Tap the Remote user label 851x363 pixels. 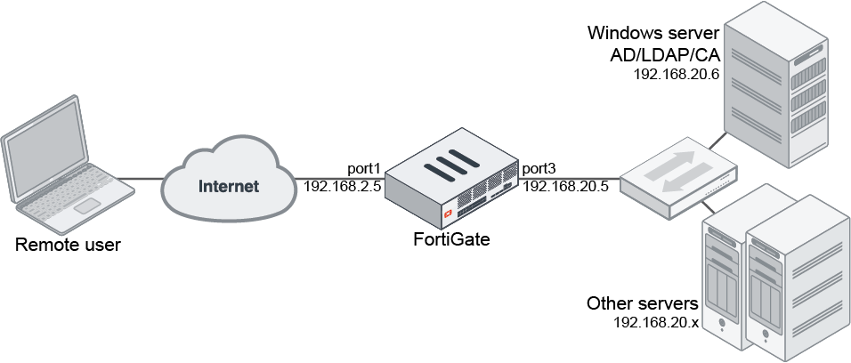[x=68, y=244]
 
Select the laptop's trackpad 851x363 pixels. [x=86, y=206]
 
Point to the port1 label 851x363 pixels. [x=364, y=168]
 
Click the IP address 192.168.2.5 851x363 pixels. [x=342, y=187]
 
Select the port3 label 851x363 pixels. [x=539, y=168]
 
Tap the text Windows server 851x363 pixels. [x=653, y=34]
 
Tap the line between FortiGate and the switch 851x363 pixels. [x=570, y=177]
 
